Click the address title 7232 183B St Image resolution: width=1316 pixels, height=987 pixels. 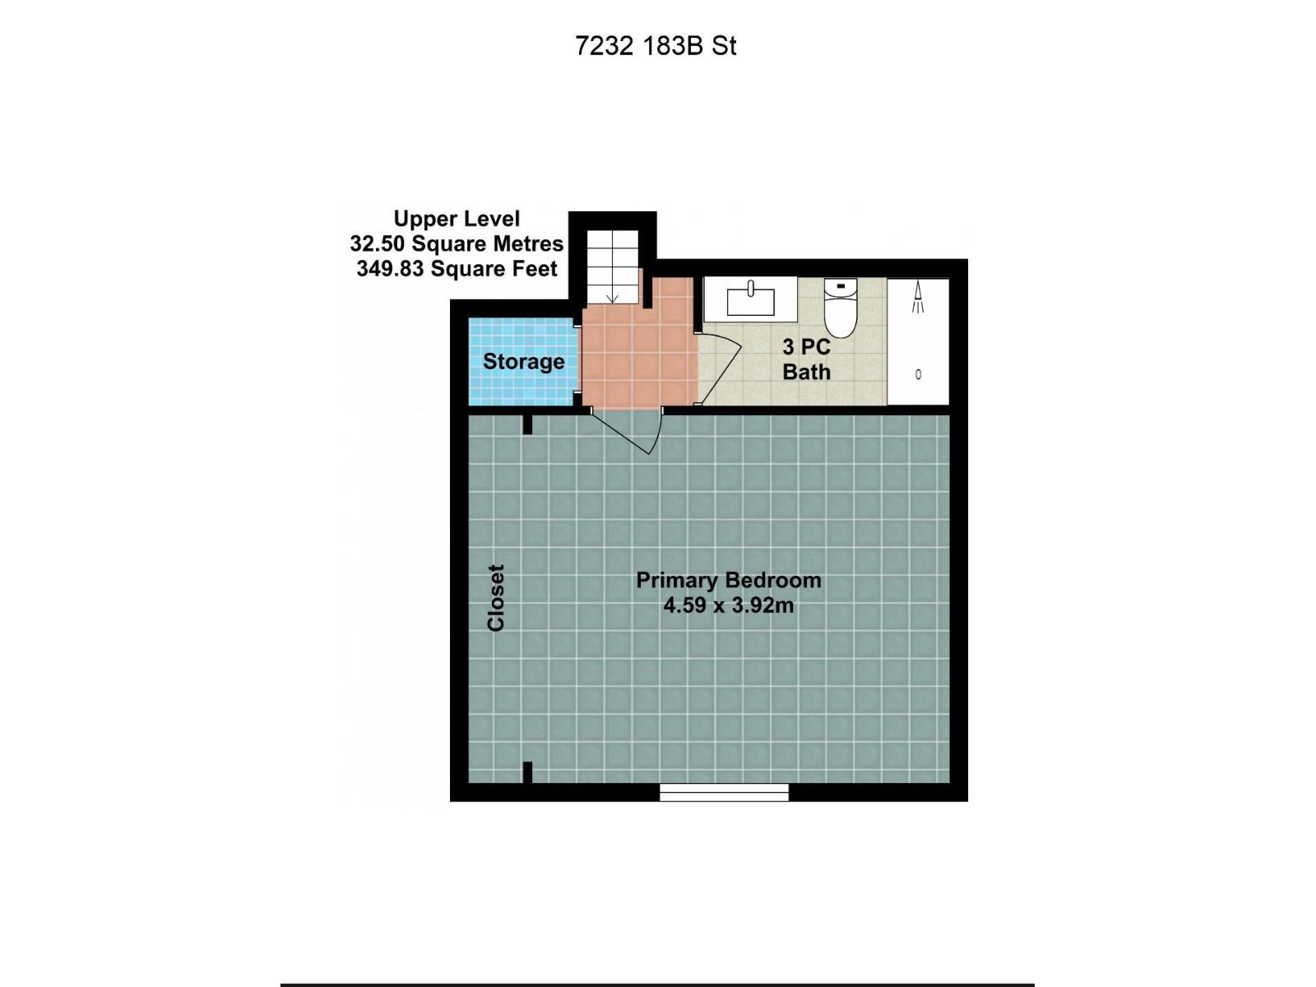point(656,46)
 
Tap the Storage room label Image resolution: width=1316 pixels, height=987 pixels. point(523,362)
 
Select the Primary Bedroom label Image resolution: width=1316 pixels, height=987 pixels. point(728,580)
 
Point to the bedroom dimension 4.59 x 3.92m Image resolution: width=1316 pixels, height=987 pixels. point(728,606)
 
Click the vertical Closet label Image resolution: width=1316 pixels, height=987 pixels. point(496,598)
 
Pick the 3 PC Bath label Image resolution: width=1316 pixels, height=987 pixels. point(806,359)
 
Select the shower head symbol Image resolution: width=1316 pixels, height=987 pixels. point(918,297)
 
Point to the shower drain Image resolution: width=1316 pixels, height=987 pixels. point(918,374)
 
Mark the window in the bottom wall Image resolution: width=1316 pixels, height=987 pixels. point(724,792)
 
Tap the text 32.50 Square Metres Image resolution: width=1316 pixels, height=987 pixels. point(456,244)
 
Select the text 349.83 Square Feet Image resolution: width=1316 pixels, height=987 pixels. point(456,269)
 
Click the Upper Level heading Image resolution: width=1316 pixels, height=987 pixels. point(456,219)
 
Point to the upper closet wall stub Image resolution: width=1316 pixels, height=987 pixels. point(527,424)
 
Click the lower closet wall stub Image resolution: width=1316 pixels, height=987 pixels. point(527,772)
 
